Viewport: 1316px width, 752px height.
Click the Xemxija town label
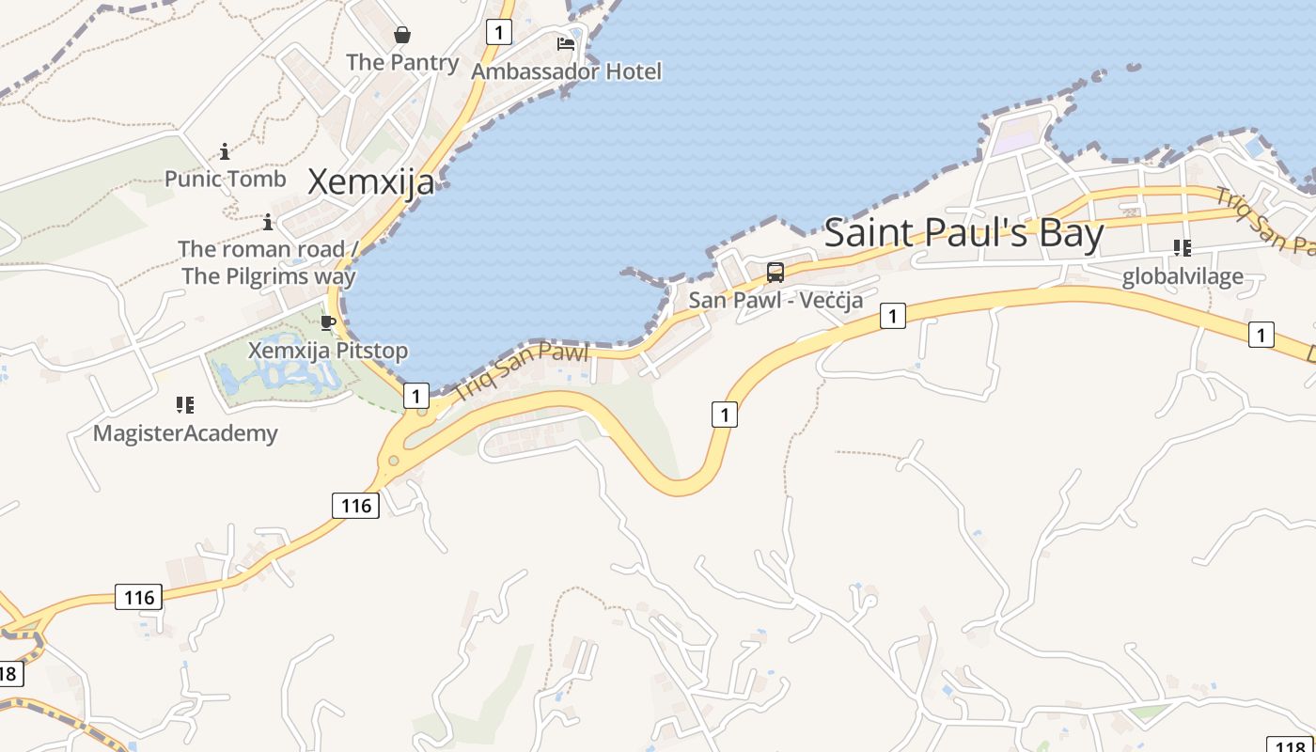(371, 181)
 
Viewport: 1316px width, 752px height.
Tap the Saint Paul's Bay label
(963, 232)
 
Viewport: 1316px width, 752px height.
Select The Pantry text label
(402, 62)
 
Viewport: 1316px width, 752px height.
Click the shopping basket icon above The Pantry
(402, 36)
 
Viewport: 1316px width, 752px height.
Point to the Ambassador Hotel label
(566, 71)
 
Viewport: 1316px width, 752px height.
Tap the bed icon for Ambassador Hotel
(566, 43)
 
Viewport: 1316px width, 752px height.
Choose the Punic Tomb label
(225, 179)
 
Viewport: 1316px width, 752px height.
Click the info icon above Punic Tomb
(225, 151)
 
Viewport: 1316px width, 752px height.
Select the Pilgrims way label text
(269, 276)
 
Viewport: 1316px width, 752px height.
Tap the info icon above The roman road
(268, 223)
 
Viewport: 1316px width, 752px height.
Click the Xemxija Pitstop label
(328, 351)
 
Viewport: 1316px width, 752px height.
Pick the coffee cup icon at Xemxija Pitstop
(328, 323)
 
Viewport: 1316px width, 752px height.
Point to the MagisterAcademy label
(185, 433)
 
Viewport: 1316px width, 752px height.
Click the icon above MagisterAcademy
(185, 405)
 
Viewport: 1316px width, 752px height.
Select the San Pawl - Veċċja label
(775, 300)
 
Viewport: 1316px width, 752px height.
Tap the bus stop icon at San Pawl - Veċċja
(775, 273)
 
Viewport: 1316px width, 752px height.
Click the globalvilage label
(1183, 276)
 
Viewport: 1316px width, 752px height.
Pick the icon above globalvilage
(1183, 248)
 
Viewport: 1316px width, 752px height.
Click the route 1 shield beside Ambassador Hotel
(498, 32)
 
